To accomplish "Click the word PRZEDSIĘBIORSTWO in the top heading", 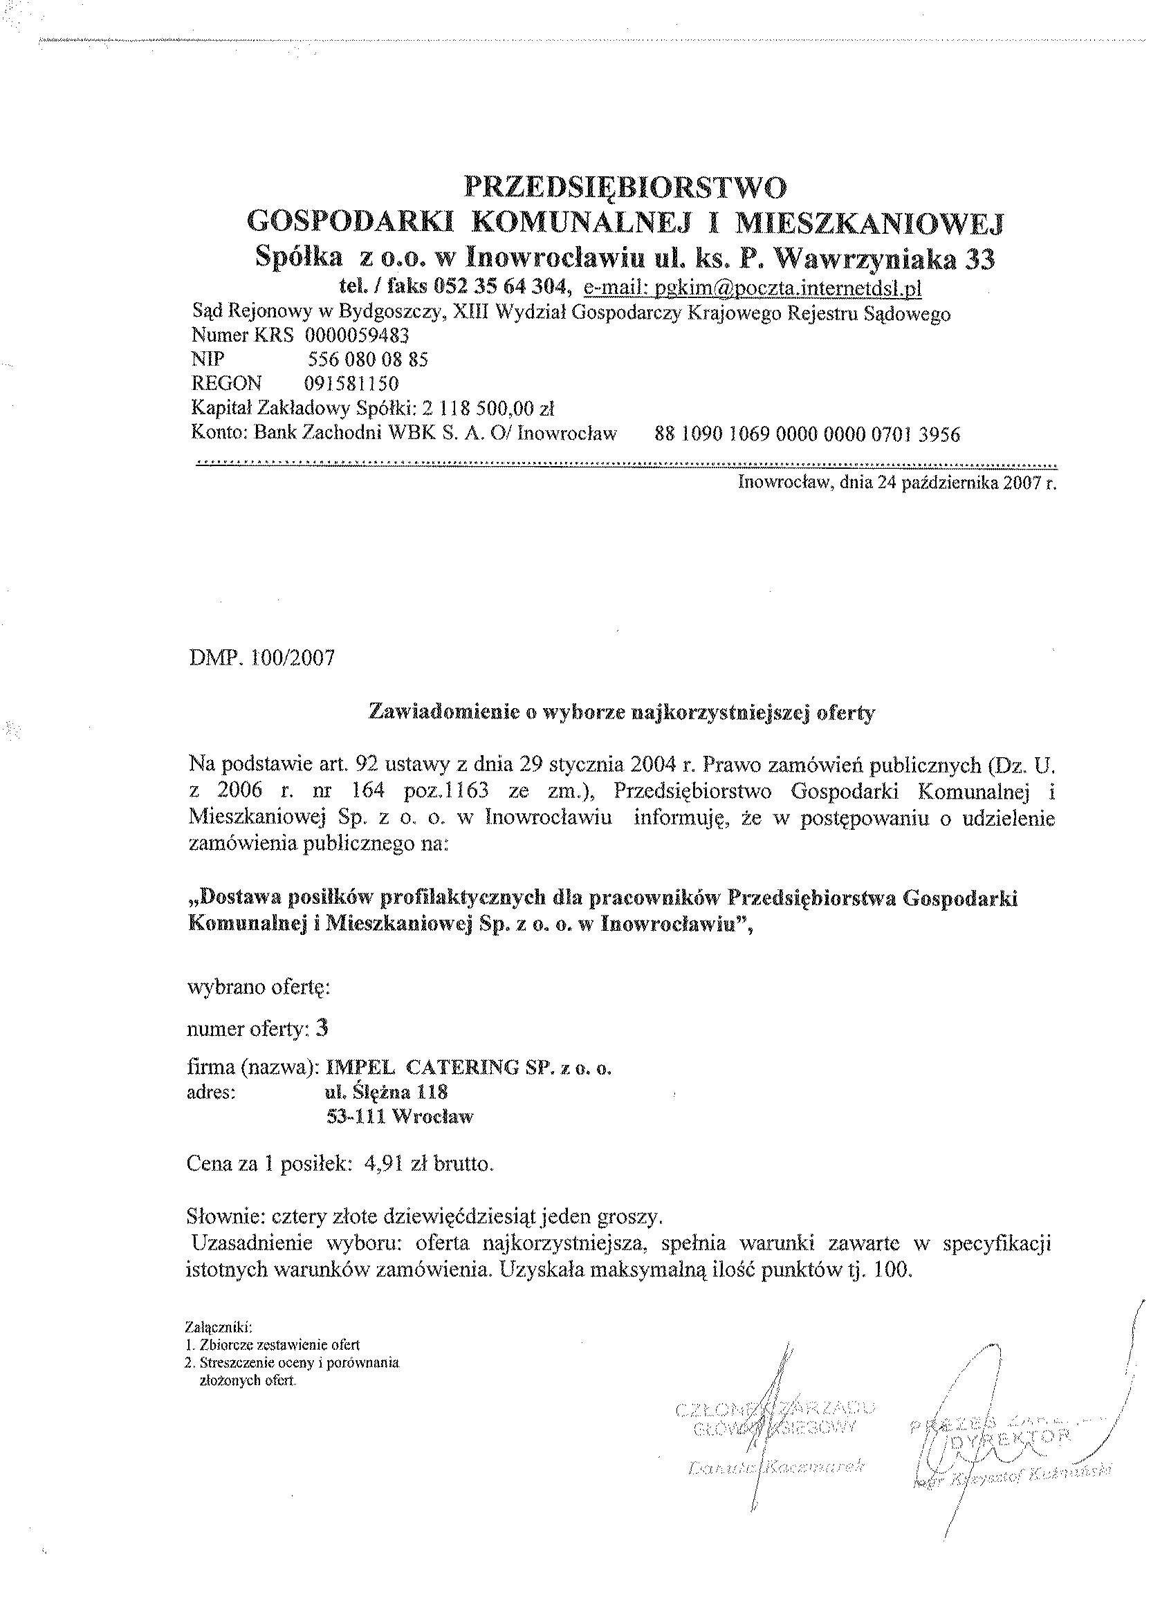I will click(x=625, y=188).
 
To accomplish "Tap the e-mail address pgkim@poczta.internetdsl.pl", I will click(x=751, y=288).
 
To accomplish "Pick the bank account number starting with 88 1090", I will click(x=808, y=434).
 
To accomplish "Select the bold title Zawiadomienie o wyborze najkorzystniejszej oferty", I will click(x=622, y=713).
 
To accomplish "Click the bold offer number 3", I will click(x=322, y=1029).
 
